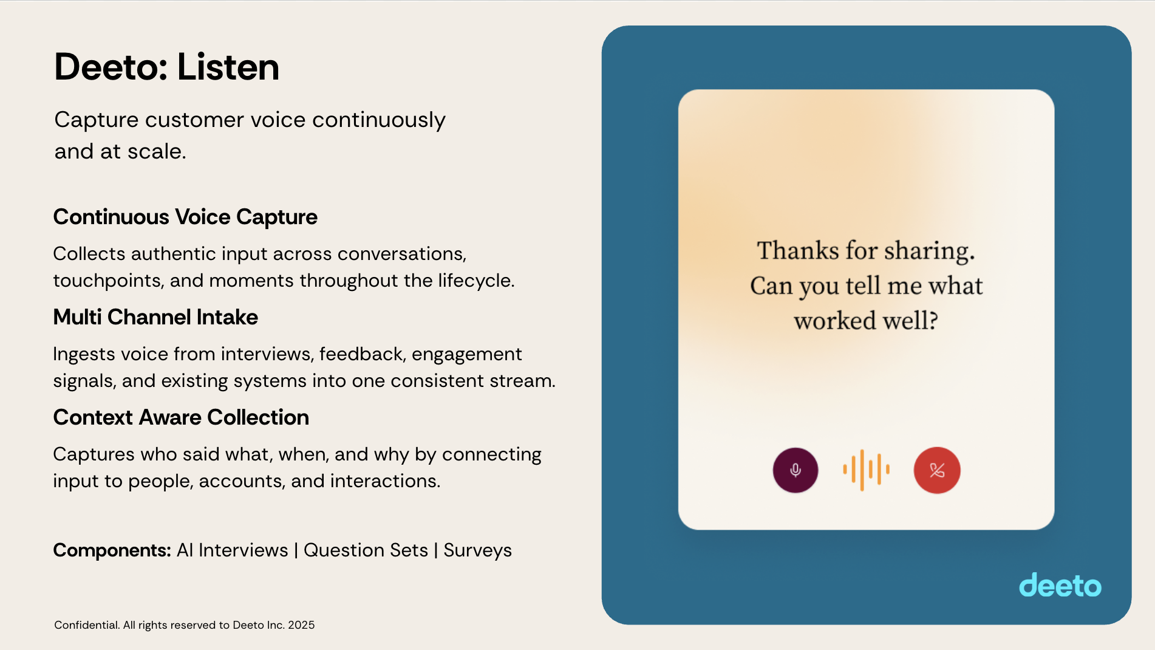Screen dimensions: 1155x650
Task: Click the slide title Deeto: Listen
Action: click(x=166, y=67)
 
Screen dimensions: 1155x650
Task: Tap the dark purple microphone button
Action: click(x=796, y=470)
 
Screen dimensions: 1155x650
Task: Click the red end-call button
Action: click(x=937, y=470)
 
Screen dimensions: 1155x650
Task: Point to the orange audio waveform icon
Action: click(x=867, y=470)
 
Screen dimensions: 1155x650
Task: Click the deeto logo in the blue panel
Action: click(x=1060, y=585)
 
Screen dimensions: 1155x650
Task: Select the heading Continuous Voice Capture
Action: click(x=185, y=217)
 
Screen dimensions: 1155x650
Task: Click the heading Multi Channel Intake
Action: click(x=155, y=317)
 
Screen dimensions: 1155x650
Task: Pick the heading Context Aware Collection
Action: click(x=181, y=417)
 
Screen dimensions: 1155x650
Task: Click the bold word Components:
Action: click(x=112, y=550)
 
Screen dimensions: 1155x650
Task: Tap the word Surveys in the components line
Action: click(x=478, y=550)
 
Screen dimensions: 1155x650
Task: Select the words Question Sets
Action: click(x=366, y=550)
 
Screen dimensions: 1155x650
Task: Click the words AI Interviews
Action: click(x=233, y=550)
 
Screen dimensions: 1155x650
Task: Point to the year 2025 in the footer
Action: click(x=301, y=625)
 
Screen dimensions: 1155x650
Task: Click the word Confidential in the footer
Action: click(x=87, y=625)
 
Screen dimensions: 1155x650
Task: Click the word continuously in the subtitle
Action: click(x=379, y=120)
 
